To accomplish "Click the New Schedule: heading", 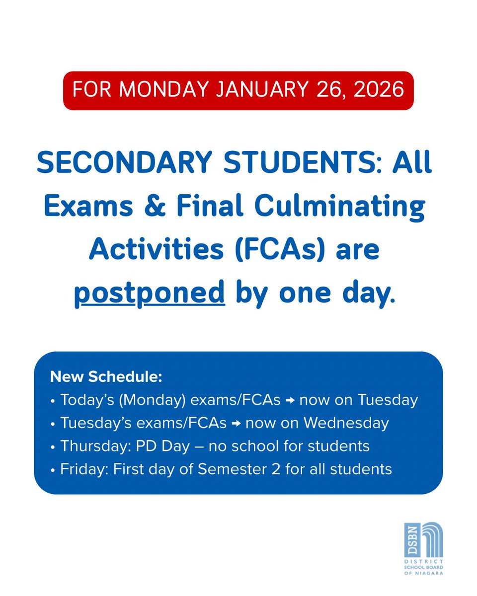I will click(106, 377).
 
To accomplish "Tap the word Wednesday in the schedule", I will click(346, 423).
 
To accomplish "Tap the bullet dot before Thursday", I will click(53, 446).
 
